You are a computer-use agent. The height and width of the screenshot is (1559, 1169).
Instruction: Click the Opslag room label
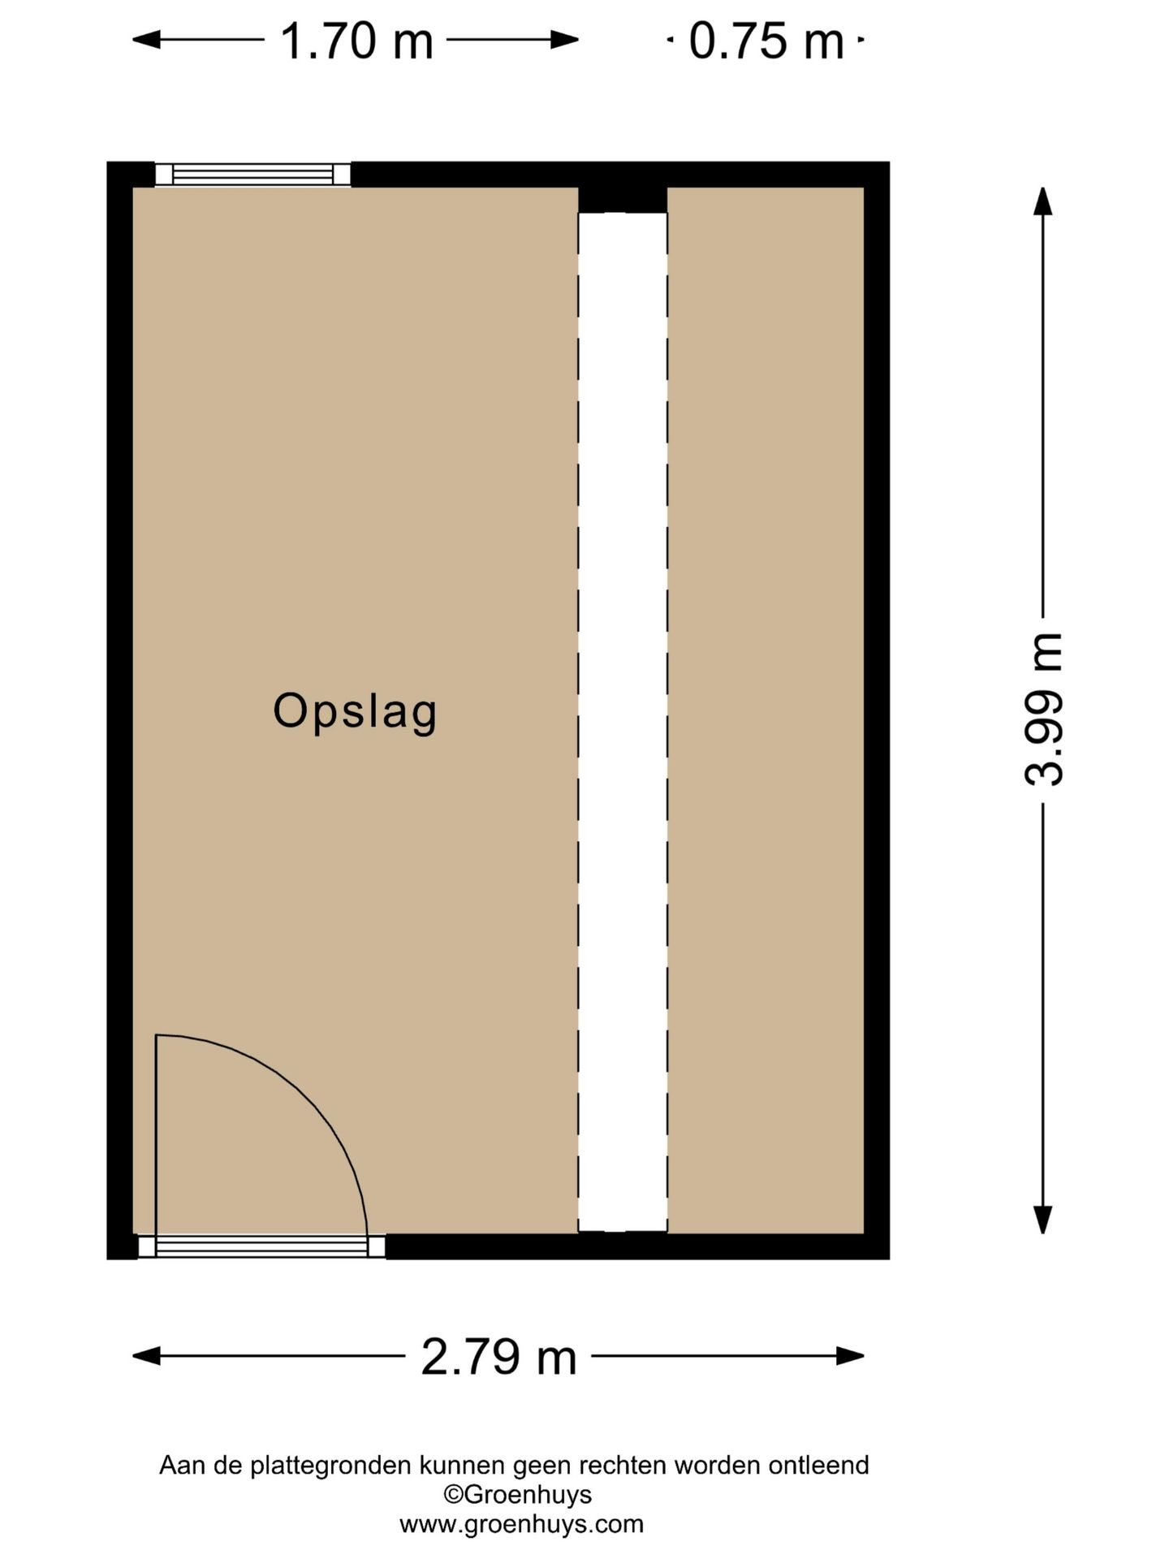355,712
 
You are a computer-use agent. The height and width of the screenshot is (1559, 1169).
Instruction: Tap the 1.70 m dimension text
356,41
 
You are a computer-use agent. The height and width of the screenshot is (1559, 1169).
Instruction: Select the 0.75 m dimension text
766,41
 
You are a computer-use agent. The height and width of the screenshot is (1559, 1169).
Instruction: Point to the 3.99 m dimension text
1043,708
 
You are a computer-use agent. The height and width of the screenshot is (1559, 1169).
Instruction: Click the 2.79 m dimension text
498,1356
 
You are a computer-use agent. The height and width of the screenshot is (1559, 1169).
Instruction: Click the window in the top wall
252,175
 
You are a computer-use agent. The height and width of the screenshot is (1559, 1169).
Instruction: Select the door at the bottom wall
261,1246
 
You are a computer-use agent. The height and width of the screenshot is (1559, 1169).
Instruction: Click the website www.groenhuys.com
521,1524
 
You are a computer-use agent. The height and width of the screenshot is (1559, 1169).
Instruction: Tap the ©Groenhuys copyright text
517,1494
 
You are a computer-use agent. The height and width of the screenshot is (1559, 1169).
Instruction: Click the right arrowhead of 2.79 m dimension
851,1355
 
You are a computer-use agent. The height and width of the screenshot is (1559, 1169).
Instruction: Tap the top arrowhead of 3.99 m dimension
1043,201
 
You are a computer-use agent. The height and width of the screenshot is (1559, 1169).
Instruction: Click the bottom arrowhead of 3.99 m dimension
1043,1220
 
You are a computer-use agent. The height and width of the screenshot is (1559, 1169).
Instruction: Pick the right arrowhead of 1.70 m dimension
565,39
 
